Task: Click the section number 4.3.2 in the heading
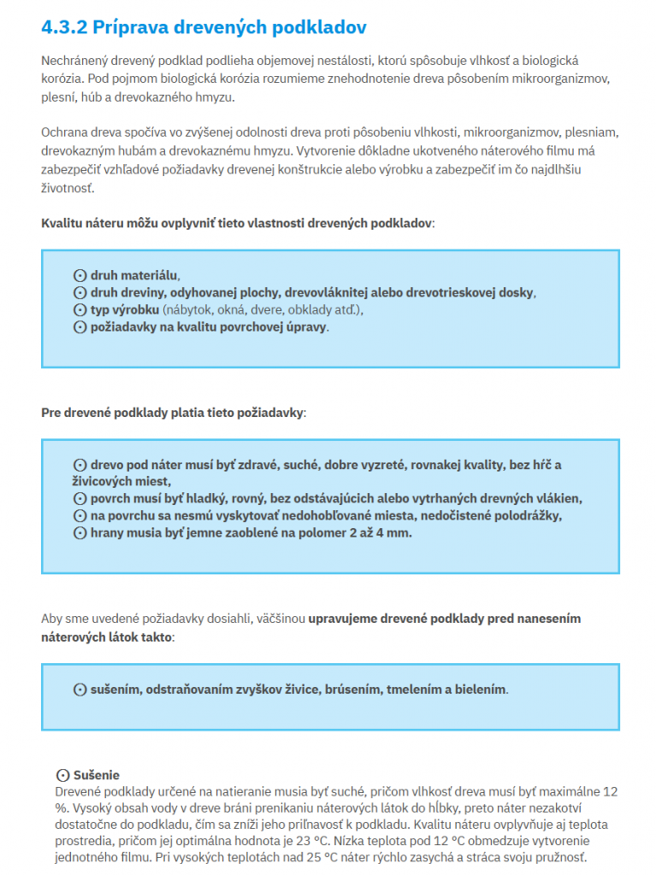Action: (64, 27)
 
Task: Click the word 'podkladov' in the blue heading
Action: (319, 27)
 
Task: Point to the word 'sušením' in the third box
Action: (116, 689)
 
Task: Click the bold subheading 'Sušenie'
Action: (97, 775)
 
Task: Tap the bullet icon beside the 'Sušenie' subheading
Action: (62, 775)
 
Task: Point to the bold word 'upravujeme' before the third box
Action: (346, 619)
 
